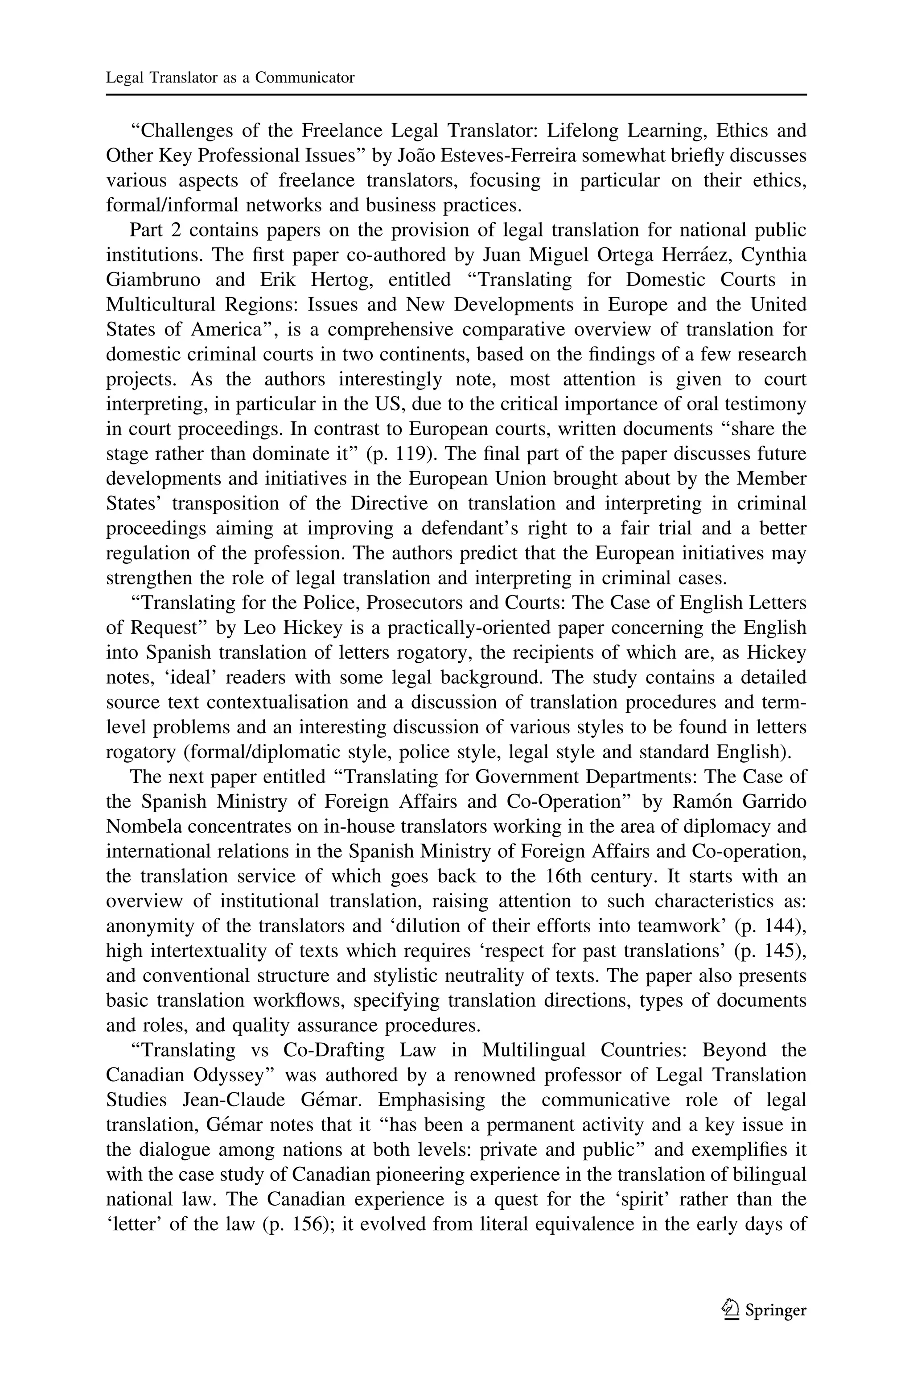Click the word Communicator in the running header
(x=304, y=78)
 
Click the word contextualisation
(x=279, y=702)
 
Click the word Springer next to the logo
(x=776, y=1311)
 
